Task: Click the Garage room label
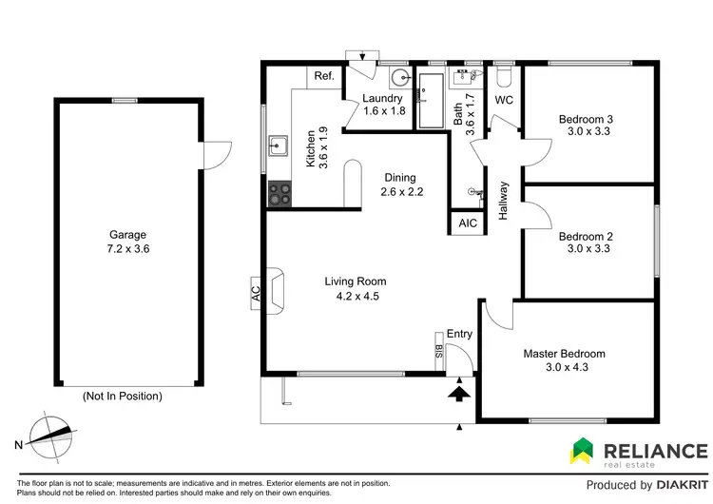126,234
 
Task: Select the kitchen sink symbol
279,146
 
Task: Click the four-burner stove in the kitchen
279,194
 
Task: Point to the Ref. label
323,76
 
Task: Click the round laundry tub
401,79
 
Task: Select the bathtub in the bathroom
433,100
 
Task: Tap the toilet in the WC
503,77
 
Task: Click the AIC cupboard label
467,223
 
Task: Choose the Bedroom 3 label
585,119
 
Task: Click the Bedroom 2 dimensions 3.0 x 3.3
585,249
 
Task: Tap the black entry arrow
459,392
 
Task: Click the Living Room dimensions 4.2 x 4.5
356,296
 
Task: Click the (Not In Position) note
123,396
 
